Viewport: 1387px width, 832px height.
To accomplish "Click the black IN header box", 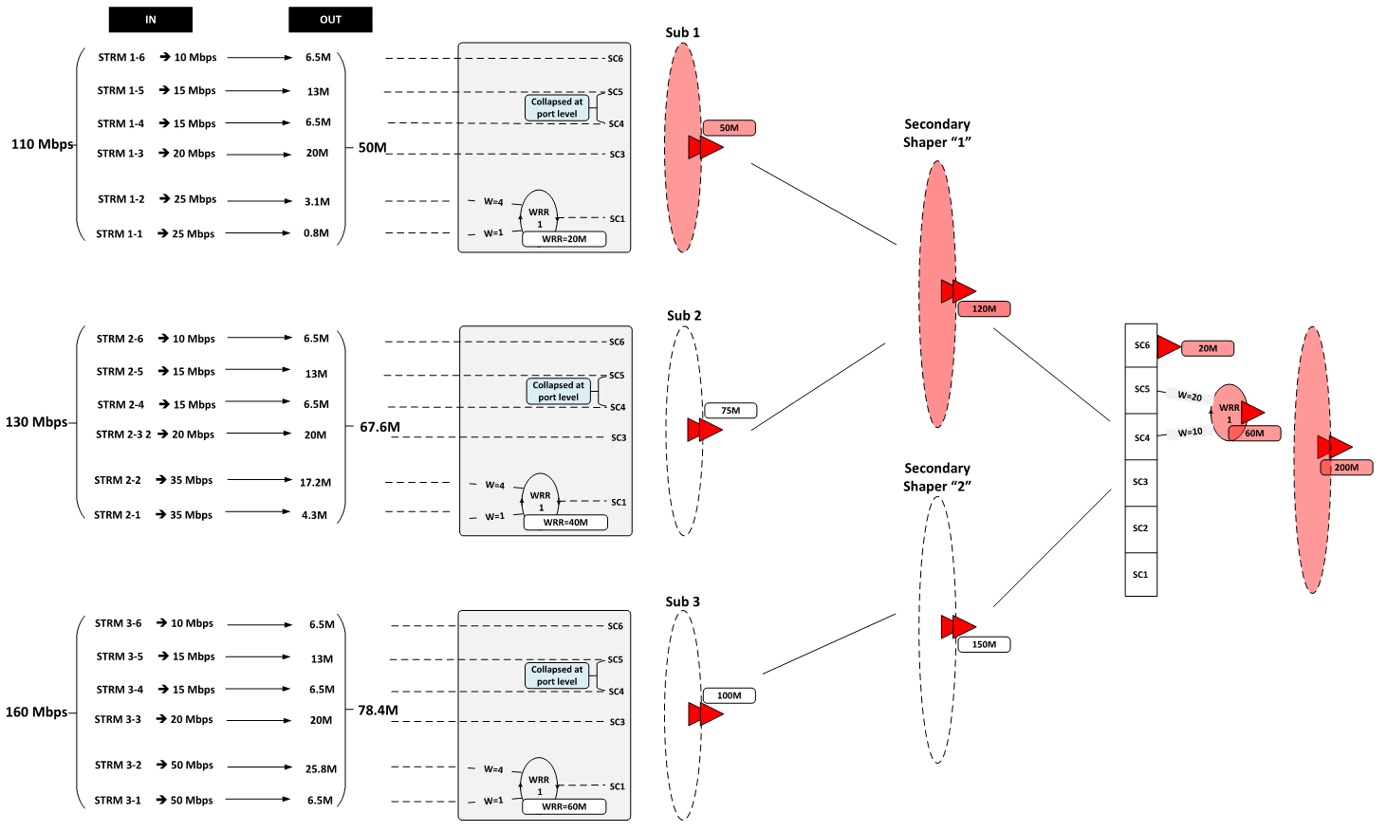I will (x=150, y=20).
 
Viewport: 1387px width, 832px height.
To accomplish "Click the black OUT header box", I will (x=330, y=20).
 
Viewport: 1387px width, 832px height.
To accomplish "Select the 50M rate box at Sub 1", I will (x=729, y=128).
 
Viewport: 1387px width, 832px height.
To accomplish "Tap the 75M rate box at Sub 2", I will (x=730, y=411).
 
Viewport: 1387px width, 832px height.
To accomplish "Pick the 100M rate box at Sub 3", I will (x=729, y=695).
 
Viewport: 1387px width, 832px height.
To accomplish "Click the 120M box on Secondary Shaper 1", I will (x=984, y=309).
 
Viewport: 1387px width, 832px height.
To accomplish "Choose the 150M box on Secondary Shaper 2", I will (x=984, y=644).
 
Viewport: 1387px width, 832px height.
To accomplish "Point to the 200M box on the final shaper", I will (x=1346, y=468).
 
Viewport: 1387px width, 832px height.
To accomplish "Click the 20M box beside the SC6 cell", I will (x=1207, y=348).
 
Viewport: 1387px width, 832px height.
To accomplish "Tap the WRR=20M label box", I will (x=564, y=239).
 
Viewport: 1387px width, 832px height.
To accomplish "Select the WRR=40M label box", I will (x=565, y=523).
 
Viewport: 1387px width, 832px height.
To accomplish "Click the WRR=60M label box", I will (x=564, y=806).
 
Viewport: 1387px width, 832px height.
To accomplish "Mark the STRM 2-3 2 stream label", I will (x=123, y=434).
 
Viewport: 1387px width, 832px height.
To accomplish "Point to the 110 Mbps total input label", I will (x=42, y=144).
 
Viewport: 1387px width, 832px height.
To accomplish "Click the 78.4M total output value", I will (x=378, y=710).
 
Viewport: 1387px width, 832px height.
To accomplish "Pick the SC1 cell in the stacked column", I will (x=1140, y=575).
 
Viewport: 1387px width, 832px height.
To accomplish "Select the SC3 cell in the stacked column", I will (x=1140, y=482).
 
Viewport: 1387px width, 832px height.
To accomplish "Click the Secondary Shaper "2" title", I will (x=936, y=477).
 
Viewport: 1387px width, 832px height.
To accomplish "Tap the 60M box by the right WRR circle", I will (x=1254, y=434).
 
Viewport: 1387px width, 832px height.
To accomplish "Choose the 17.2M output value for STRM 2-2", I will (x=315, y=483).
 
